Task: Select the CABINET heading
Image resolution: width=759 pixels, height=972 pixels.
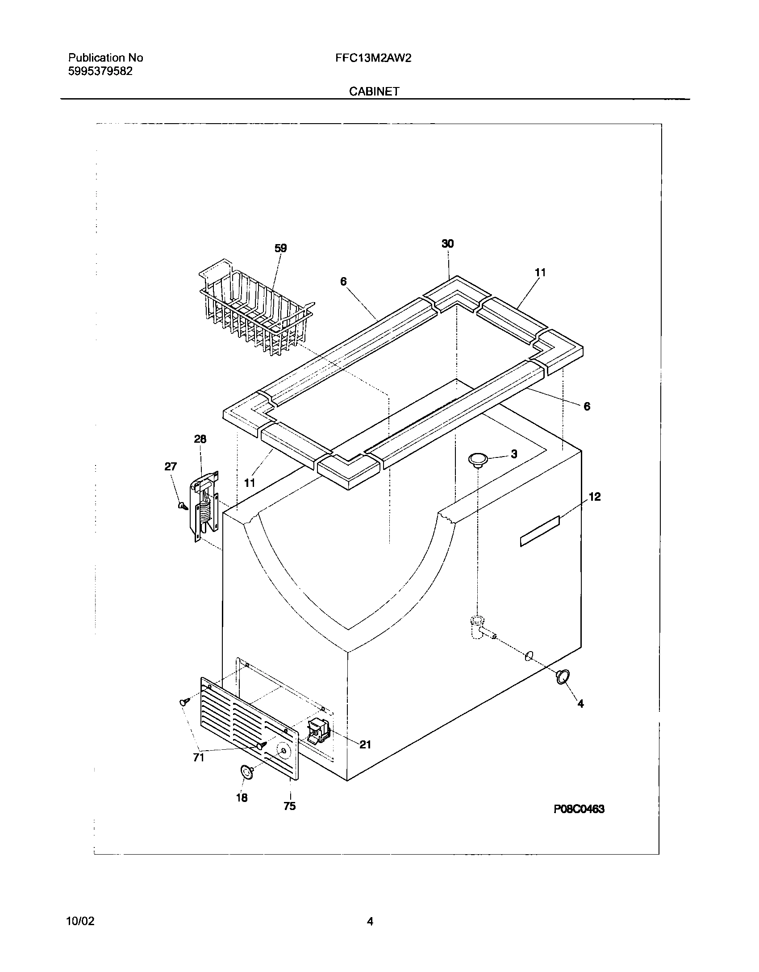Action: click(x=374, y=91)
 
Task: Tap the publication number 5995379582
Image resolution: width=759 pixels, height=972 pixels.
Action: click(x=100, y=71)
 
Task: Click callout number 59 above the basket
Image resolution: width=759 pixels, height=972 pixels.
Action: click(x=280, y=248)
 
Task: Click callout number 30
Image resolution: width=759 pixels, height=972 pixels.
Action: click(x=447, y=243)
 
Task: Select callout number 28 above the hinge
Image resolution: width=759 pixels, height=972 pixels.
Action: click(x=200, y=439)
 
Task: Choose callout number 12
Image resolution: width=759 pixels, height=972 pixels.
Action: click(x=595, y=497)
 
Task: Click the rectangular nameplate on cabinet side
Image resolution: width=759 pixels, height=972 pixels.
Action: click(x=540, y=531)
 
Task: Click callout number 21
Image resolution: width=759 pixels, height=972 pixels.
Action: click(x=365, y=744)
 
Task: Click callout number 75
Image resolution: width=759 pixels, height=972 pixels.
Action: click(x=289, y=806)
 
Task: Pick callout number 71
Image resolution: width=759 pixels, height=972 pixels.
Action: click(x=199, y=757)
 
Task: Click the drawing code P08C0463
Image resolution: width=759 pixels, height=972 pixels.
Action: click(x=579, y=809)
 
